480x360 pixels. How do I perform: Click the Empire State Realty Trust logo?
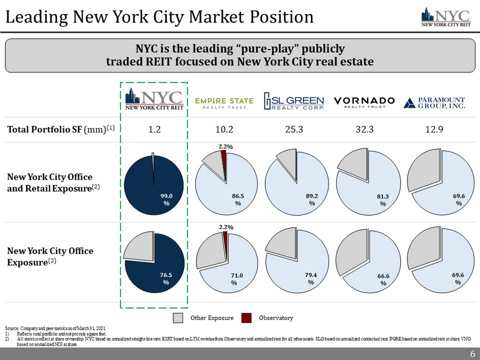(x=224, y=102)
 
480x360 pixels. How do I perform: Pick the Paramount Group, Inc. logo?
(x=435, y=102)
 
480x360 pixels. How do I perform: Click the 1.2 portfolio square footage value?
(x=154, y=129)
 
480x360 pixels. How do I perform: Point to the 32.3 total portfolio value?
(x=365, y=129)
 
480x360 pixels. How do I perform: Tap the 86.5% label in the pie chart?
(x=238, y=199)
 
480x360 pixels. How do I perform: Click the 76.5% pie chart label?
(x=166, y=278)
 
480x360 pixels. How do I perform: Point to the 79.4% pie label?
(x=311, y=278)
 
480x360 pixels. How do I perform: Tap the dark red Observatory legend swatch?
(x=246, y=318)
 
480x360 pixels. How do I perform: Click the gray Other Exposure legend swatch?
(x=178, y=318)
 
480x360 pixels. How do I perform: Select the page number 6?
(x=472, y=354)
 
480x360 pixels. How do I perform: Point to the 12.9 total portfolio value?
(x=435, y=129)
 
